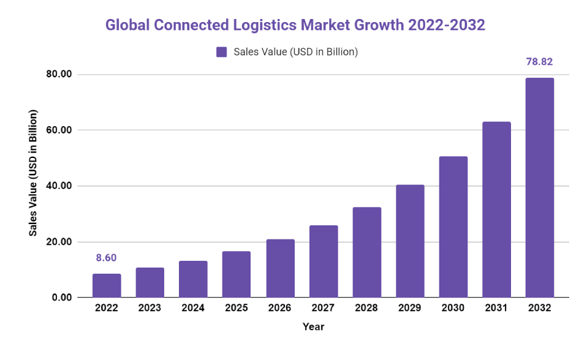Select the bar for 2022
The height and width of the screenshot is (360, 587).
[x=107, y=285]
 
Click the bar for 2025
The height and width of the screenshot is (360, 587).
[x=236, y=274]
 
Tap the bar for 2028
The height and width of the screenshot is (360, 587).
[x=366, y=252]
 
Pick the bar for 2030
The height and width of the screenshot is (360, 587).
[x=453, y=227]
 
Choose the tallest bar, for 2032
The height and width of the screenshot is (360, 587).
[x=539, y=187]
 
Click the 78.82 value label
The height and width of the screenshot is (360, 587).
[x=539, y=62]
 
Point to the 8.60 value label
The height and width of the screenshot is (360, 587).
[x=106, y=258]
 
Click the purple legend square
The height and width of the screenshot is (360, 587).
[x=222, y=52]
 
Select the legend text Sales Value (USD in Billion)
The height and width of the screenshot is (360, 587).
[x=295, y=52]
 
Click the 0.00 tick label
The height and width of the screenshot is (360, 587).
[x=62, y=298]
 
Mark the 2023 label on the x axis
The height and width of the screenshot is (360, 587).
[x=150, y=308]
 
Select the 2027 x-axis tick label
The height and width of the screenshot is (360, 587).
[x=323, y=308]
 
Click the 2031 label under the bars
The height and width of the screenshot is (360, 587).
[x=496, y=308]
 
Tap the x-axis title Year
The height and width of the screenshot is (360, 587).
[x=313, y=327]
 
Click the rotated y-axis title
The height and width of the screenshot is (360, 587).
[x=33, y=173]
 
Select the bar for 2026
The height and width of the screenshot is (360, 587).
[x=280, y=268]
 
